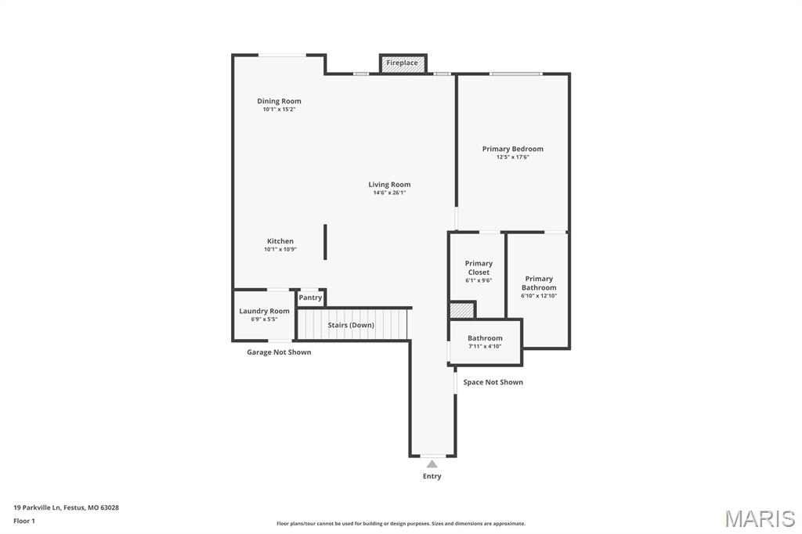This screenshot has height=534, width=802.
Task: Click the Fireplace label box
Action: coord(403,63)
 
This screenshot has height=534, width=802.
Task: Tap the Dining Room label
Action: coord(279,101)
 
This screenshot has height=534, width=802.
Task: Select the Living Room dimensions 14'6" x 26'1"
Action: coord(389,193)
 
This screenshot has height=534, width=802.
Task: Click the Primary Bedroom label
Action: coord(512,149)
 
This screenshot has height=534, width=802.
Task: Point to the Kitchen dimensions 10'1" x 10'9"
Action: coord(280,249)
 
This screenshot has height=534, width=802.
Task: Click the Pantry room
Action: coord(310,298)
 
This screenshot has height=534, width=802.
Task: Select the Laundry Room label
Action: coord(264,311)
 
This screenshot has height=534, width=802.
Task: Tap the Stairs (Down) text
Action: coord(351,325)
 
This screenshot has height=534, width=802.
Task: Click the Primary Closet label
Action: coord(479,268)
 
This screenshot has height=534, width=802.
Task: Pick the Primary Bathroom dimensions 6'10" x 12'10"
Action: coord(539,295)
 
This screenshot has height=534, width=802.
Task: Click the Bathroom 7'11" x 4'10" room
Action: coord(485,342)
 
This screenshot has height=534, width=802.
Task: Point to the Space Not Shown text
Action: coord(493,382)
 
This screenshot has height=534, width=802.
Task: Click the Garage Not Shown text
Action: coord(279,352)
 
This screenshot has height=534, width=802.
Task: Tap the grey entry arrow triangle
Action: coord(432,464)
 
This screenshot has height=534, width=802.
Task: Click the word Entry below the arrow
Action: coord(432,476)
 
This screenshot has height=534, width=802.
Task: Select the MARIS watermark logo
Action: coord(760,518)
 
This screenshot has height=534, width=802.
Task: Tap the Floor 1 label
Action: coord(24,520)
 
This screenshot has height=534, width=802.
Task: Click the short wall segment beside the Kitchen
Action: coord(325,241)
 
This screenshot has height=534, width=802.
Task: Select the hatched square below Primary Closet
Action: coord(462,311)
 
